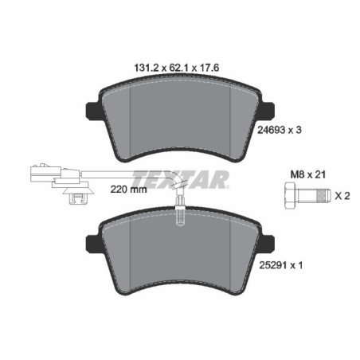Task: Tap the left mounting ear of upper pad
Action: coord(89,110)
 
